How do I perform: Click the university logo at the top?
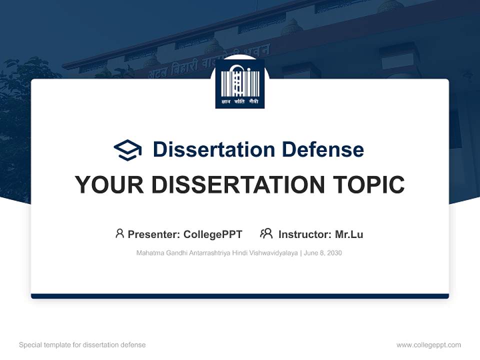click(239, 83)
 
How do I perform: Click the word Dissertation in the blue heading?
click(213, 149)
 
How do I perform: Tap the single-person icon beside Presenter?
click(119, 233)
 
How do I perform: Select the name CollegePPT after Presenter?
click(213, 234)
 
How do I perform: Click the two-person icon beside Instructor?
click(266, 233)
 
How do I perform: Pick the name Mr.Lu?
click(349, 234)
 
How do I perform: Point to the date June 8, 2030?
click(323, 253)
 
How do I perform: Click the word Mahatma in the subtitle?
click(148, 253)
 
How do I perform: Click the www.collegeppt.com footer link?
click(428, 345)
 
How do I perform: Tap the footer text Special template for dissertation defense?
click(82, 345)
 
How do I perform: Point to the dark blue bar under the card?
click(239, 296)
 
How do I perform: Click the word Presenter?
click(154, 234)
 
